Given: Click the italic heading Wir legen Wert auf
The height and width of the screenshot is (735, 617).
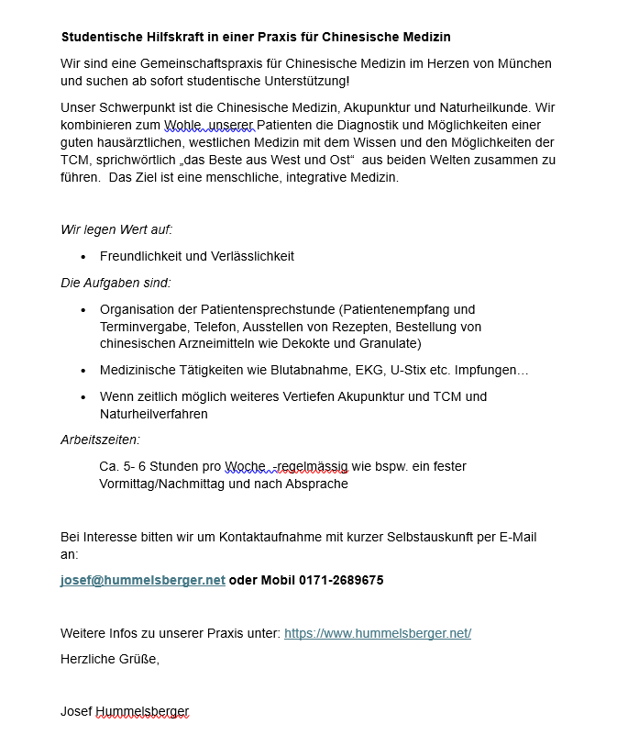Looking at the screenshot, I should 116,229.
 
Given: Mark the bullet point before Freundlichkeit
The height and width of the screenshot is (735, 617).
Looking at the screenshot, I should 83,257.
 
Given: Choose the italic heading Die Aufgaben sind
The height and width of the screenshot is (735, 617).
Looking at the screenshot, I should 116,283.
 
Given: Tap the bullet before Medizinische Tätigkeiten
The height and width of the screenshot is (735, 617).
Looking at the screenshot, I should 83,371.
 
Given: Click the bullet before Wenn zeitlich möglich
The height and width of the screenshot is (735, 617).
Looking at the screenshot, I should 83,397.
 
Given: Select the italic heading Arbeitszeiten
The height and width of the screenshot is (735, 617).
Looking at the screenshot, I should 100,440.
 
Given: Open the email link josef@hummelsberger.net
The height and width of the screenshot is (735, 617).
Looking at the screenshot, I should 143,580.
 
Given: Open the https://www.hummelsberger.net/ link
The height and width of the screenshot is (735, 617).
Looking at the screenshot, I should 378,633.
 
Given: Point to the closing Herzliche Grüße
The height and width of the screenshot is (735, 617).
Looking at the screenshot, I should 110,658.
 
